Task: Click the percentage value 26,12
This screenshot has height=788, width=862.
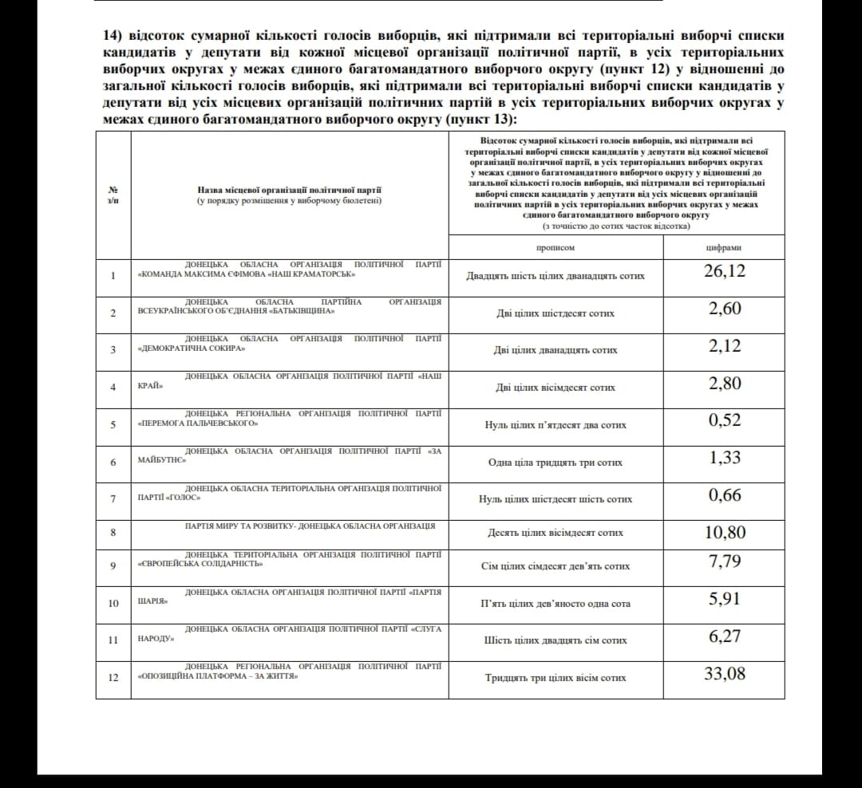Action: [x=725, y=271]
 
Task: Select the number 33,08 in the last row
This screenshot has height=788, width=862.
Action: [x=725, y=674]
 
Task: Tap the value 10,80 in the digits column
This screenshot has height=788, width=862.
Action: [x=725, y=532]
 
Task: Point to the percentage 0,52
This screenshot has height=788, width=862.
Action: [x=725, y=420]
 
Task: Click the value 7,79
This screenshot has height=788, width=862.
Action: [x=725, y=561]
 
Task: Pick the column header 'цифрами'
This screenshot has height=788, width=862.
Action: [x=724, y=247]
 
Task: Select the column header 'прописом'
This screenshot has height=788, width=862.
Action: [x=555, y=247]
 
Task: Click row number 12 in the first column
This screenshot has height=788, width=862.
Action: [x=113, y=677]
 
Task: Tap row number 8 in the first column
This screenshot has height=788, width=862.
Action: [x=113, y=532]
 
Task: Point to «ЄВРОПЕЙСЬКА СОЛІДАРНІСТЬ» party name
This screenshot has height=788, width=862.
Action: [x=200, y=564]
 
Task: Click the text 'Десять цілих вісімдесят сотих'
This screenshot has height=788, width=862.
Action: [x=556, y=533]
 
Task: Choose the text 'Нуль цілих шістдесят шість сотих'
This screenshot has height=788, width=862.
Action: [x=556, y=499]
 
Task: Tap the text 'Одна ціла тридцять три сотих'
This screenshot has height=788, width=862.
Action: [x=556, y=463]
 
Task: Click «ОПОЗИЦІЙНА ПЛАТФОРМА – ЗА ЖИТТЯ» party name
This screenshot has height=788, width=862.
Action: [x=218, y=676]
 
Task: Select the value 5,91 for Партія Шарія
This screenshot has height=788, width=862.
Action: [x=725, y=599]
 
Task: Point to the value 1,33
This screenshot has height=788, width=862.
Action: [x=725, y=458]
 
